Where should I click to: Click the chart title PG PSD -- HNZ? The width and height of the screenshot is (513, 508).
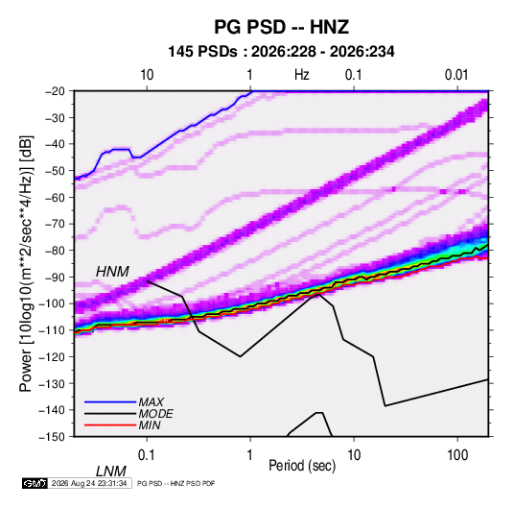click(x=281, y=27)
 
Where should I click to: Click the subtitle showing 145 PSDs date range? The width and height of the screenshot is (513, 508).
click(x=281, y=52)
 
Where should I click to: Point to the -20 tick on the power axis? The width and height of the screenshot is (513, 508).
click(x=55, y=91)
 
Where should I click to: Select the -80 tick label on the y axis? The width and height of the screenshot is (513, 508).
click(x=55, y=251)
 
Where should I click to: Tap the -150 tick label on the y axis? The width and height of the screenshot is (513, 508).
click(x=52, y=437)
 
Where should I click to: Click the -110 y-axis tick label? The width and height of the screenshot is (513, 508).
click(x=52, y=330)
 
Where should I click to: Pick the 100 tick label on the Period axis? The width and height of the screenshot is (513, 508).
click(x=457, y=455)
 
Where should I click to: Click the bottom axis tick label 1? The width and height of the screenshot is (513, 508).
click(x=250, y=455)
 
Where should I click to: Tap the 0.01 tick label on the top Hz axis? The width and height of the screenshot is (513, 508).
click(x=456, y=75)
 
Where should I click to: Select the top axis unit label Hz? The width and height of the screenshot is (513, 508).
click(x=302, y=75)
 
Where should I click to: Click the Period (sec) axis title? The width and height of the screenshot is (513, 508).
click(x=302, y=466)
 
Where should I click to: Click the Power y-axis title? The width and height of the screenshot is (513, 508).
click(x=26, y=263)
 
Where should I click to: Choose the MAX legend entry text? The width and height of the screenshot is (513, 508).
click(x=151, y=402)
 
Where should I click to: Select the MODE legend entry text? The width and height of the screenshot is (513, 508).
click(x=155, y=414)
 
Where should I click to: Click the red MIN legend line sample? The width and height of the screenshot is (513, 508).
click(x=110, y=425)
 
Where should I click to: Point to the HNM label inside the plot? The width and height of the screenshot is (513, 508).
click(x=112, y=272)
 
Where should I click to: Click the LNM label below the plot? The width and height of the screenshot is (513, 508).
click(x=110, y=472)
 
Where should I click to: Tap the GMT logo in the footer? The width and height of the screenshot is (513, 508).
click(x=35, y=483)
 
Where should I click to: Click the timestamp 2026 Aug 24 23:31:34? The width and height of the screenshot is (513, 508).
click(x=89, y=483)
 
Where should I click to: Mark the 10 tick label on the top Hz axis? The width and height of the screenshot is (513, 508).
click(x=147, y=75)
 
